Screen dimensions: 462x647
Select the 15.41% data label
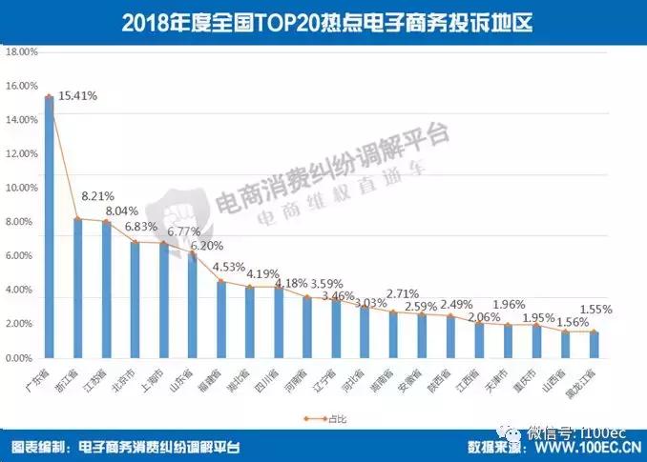click(78, 96)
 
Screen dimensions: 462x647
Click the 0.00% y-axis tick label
click(22, 358)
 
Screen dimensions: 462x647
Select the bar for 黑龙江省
click(594, 344)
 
